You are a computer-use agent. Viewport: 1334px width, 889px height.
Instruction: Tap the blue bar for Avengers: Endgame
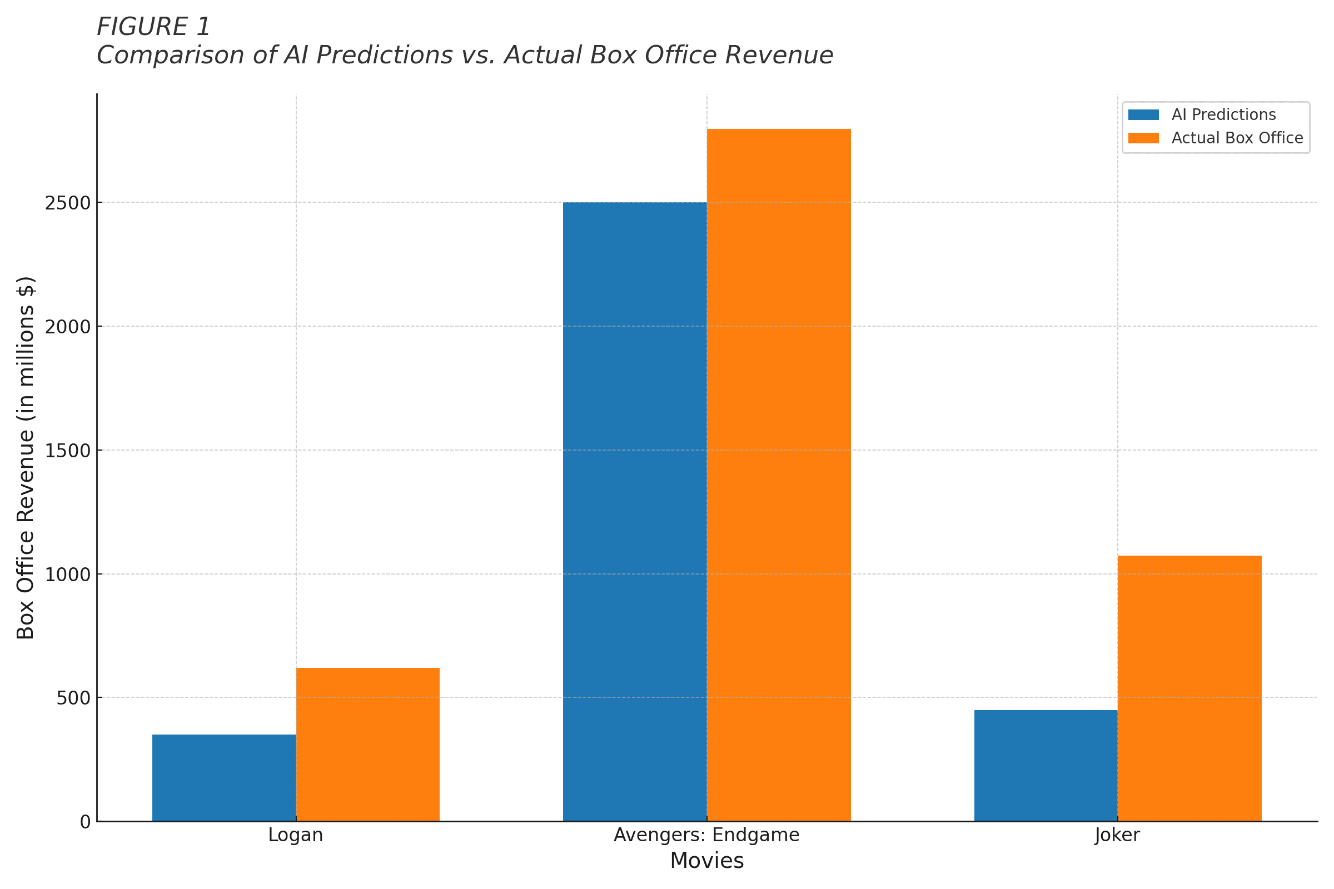(635, 511)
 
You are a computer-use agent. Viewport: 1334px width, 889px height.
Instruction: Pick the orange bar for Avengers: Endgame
(779, 475)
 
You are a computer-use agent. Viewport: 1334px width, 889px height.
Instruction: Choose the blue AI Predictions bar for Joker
(1046, 766)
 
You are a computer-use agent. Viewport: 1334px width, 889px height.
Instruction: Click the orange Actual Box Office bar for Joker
(1189, 688)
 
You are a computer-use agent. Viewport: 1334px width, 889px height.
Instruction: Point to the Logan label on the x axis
(296, 835)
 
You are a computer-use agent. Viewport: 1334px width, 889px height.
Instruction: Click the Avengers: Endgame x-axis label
(706, 835)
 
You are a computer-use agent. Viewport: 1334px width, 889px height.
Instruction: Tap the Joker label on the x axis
(1117, 835)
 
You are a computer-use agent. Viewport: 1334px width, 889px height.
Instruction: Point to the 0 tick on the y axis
(86, 822)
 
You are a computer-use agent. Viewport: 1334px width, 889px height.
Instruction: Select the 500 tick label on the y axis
(74, 698)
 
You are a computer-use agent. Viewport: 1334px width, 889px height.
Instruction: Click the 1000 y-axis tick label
(68, 575)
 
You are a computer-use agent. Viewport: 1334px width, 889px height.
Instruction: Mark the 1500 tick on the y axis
(68, 451)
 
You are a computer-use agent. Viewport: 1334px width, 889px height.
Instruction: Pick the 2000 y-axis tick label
(68, 327)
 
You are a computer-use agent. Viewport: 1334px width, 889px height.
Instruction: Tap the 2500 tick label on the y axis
(68, 203)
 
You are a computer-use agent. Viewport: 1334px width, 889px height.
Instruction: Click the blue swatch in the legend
(1143, 115)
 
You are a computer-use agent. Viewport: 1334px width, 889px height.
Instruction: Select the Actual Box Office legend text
(1237, 138)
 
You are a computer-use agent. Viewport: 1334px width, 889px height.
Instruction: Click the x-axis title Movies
(706, 861)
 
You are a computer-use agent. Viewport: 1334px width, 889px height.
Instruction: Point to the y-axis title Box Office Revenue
(26, 457)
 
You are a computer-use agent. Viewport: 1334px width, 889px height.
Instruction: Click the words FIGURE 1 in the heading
(154, 27)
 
